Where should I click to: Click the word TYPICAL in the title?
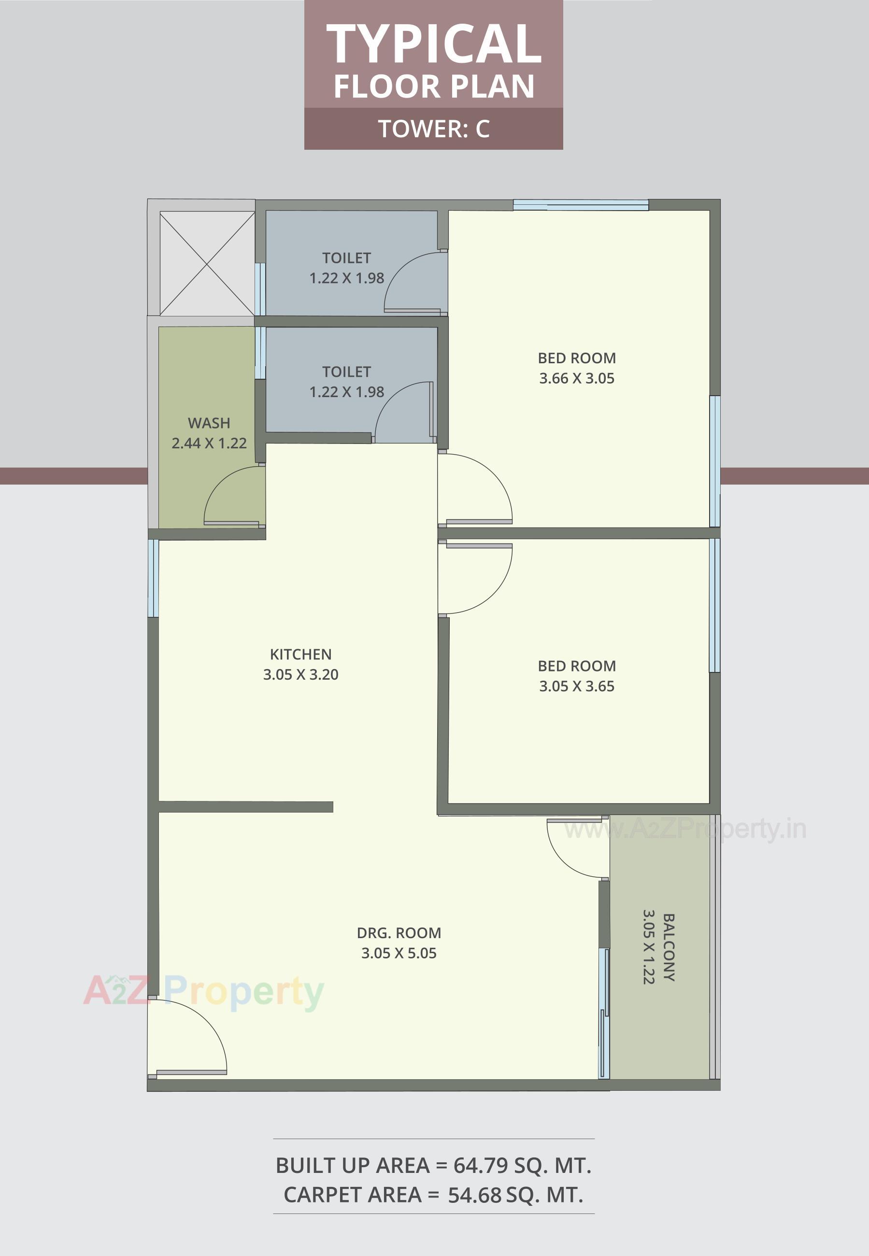coord(433,44)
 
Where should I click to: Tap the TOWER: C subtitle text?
coord(433,129)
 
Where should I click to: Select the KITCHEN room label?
coord(300,654)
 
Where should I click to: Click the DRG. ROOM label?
coord(399,933)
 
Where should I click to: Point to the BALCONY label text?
coord(669,947)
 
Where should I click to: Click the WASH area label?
coord(209,423)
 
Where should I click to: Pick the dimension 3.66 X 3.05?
coord(577,378)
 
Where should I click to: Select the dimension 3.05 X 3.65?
coord(577,686)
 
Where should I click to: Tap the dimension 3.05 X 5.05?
coord(399,953)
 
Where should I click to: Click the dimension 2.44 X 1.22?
coord(209,443)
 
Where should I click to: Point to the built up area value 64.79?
coord(479,1166)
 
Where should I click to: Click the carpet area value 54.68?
coord(474,1195)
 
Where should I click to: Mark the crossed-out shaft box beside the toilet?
coord(207,263)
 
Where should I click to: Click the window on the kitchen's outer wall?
coord(154,578)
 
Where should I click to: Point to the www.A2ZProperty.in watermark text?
coord(685,829)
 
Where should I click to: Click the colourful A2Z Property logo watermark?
coord(204,991)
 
